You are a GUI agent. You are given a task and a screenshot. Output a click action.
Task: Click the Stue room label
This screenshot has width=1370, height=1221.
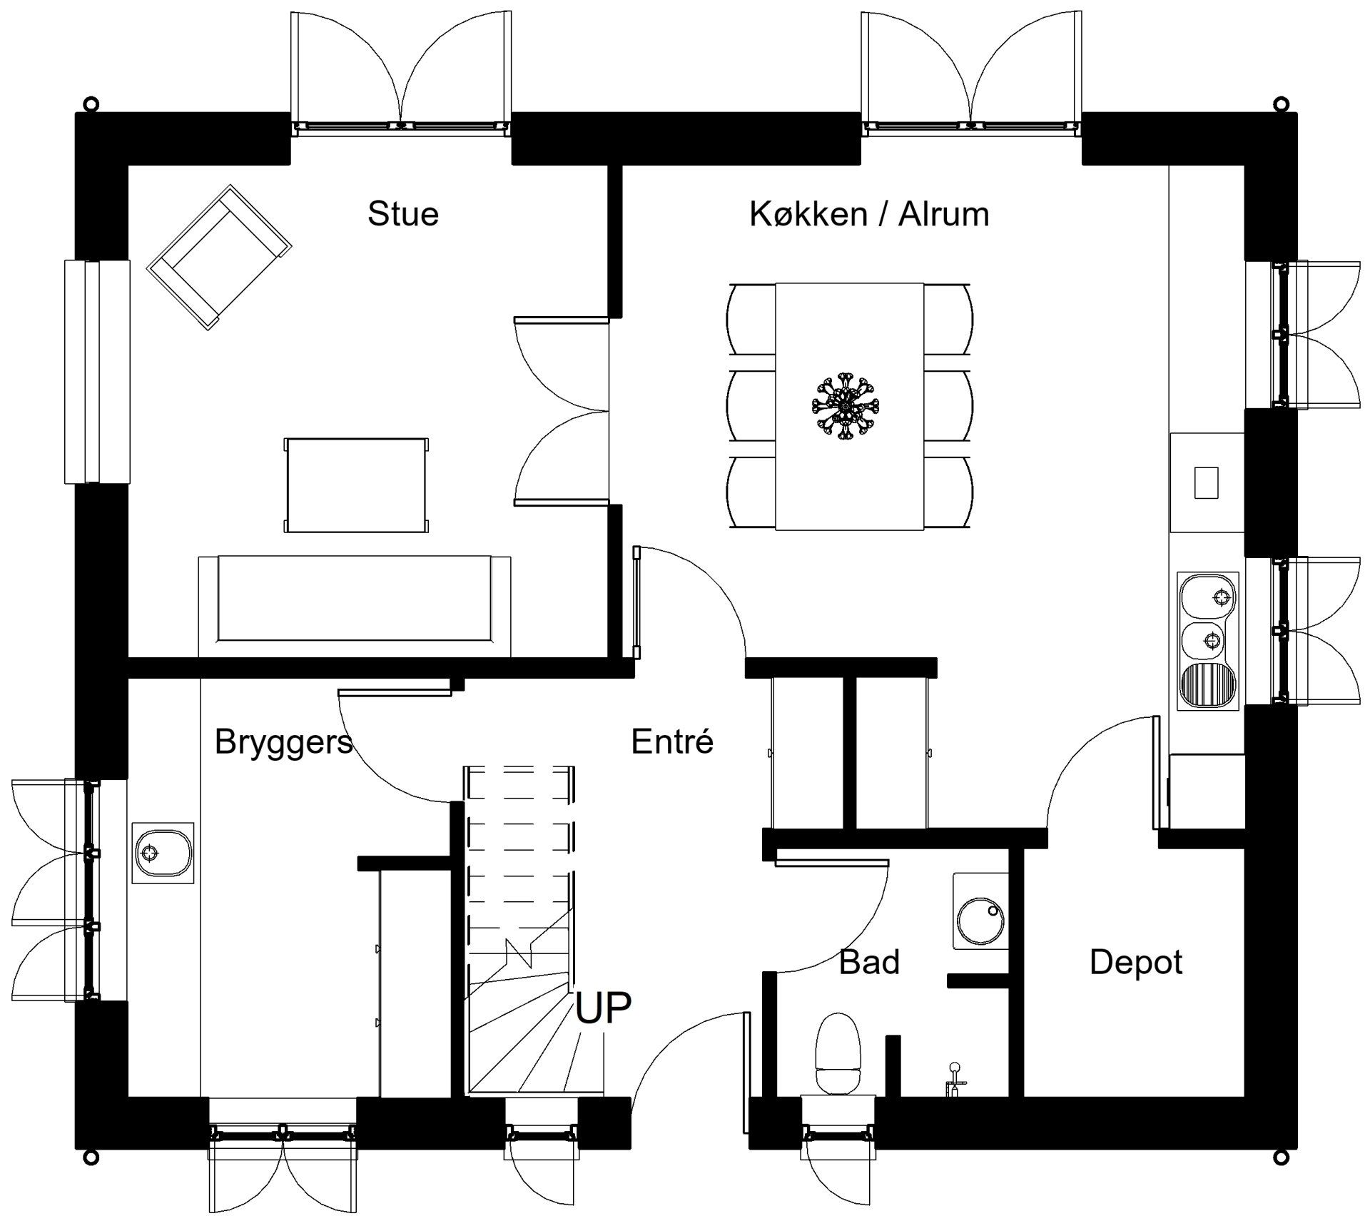(x=403, y=213)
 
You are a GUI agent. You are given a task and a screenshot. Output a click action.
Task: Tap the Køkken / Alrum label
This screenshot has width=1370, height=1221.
(x=869, y=213)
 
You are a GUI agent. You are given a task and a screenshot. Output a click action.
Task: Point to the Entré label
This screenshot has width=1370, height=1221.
(x=672, y=741)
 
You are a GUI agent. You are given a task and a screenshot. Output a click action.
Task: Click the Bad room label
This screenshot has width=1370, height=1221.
(x=869, y=962)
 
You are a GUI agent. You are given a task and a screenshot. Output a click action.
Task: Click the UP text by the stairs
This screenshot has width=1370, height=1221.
(x=603, y=1007)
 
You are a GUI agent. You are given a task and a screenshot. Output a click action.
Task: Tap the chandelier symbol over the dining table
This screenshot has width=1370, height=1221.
(x=846, y=407)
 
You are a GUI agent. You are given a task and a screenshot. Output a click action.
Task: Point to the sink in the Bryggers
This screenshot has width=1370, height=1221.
(x=163, y=852)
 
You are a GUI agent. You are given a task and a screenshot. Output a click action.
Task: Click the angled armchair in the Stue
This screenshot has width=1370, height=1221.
(x=219, y=258)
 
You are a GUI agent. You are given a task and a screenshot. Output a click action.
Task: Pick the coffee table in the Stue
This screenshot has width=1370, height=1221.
(x=357, y=485)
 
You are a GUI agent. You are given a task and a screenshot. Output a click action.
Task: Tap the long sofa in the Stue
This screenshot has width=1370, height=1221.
(x=355, y=606)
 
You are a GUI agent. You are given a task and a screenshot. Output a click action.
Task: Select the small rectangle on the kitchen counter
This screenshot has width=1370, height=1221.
(x=1207, y=482)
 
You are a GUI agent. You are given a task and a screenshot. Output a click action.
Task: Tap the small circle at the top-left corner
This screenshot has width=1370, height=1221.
(x=90, y=103)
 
